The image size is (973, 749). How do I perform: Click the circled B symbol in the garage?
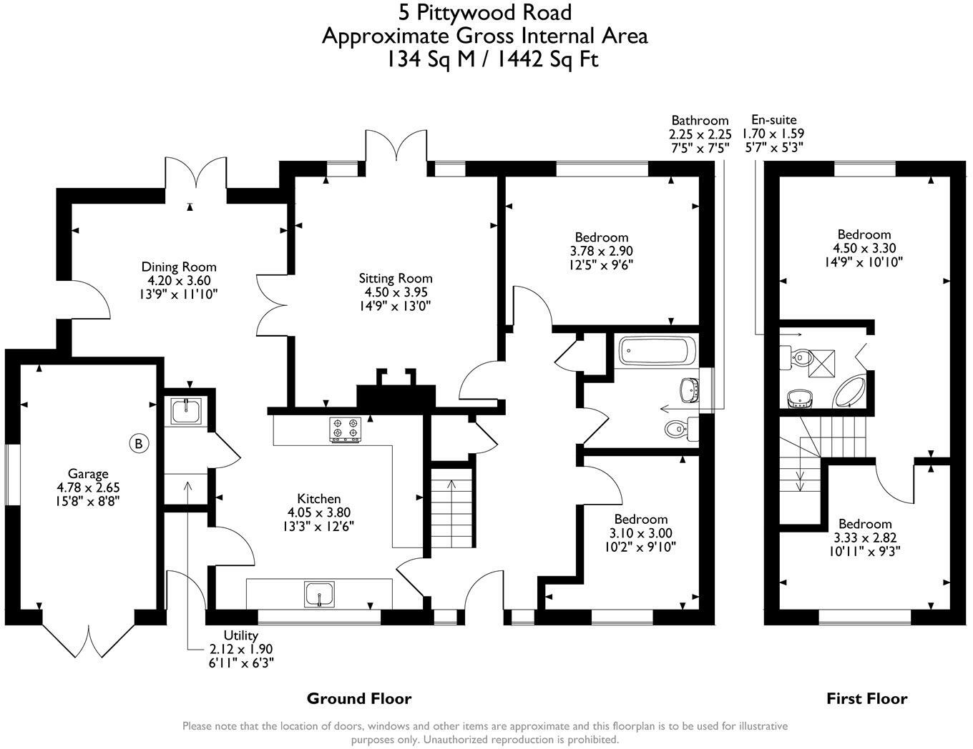pyautogui.click(x=140, y=444)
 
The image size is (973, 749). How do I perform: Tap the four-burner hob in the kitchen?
pyautogui.click(x=344, y=430)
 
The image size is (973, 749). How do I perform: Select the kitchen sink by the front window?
pyautogui.click(x=319, y=594)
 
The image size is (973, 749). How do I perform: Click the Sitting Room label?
pyautogui.click(x=396, y=278)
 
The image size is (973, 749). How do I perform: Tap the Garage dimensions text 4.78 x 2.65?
pyautogui.click(x=88, y=487)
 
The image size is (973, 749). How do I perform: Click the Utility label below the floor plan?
pyautogui.click(x=240, y=635)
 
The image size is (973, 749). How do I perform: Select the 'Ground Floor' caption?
pyautogui.click(x=358, y=698)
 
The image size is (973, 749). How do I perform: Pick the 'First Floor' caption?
pyautogui.click(x=866, y=698)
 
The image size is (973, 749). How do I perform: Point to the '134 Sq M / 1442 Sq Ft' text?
pyautogui.click(x=492, y=59)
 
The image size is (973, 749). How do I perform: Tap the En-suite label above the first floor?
pyautogui.click(x=773, y=120)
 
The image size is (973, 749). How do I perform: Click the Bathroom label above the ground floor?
pyautogui.click(x=699, y=120)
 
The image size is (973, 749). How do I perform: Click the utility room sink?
pyautogui.click(x=185, y=410)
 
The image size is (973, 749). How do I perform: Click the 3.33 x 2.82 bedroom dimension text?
pyautogui.click(x=864, y=537)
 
